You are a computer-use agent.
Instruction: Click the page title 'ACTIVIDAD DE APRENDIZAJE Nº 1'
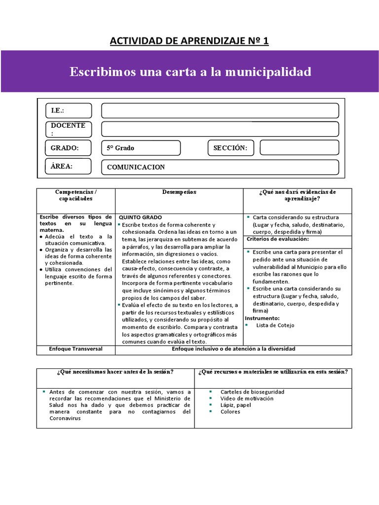pos(189,40)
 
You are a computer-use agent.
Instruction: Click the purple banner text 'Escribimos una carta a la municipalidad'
pos(190,72)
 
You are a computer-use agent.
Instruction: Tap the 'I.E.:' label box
pos(69,110)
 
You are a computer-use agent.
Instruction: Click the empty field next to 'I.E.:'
pos(220,110)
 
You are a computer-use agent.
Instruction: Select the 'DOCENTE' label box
pos(69,129)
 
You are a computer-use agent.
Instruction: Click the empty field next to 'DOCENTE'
pos(220,129)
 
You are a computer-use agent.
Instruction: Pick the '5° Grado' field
pos(141,148)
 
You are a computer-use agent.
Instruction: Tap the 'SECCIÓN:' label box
pos(230,148)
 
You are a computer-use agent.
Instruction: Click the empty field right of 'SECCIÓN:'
pos(299,148)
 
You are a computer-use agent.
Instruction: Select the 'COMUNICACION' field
pos(220,167)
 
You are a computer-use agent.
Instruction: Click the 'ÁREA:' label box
pos(69,166)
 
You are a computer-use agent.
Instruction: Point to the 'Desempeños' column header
pos(179,192)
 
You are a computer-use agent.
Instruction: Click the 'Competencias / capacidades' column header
pos(76,195)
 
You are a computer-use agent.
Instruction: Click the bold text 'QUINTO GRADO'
pos(140,217)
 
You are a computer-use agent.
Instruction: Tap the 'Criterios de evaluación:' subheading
pos(277,239)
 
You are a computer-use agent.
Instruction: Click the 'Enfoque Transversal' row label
pos(76,349)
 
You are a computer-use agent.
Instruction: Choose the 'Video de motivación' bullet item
pos(247,398)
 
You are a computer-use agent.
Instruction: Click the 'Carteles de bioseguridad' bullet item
pos(252,392)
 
